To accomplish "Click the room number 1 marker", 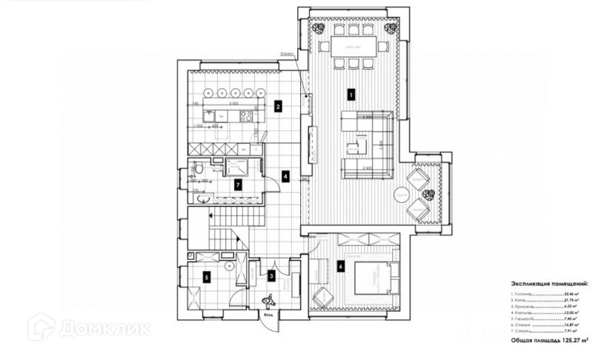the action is coord(351,94).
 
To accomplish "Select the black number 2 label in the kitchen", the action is coord(276,106).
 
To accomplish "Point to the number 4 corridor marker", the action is coord(285,177).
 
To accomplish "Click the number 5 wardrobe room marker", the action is coord(207,278).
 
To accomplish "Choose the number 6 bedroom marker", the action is coord(341,265).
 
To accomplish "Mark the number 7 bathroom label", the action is coord(237,184).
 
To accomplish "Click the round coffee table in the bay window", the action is coord(401,194).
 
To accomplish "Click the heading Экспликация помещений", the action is coord(549,284).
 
